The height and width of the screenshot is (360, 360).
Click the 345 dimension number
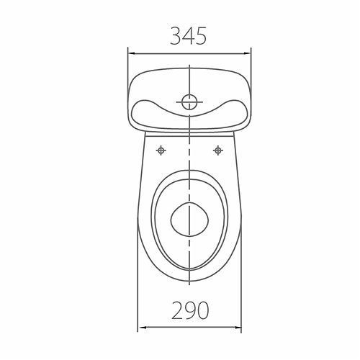(x=189, y=36)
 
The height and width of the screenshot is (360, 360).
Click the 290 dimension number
(x=190, y=310)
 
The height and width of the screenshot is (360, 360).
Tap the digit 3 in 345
(x=176, y=36)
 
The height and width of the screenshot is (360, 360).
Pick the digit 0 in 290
(x=203, y=310)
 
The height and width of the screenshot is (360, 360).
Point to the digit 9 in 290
(x=190, y=310)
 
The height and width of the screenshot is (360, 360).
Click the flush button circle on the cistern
(x=189, y=102)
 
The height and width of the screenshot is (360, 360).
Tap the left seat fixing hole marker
(x=161, y=150)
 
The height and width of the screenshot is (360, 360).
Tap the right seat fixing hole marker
(x=218, y=150)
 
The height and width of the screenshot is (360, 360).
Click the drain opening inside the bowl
(x=189, y=219)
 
